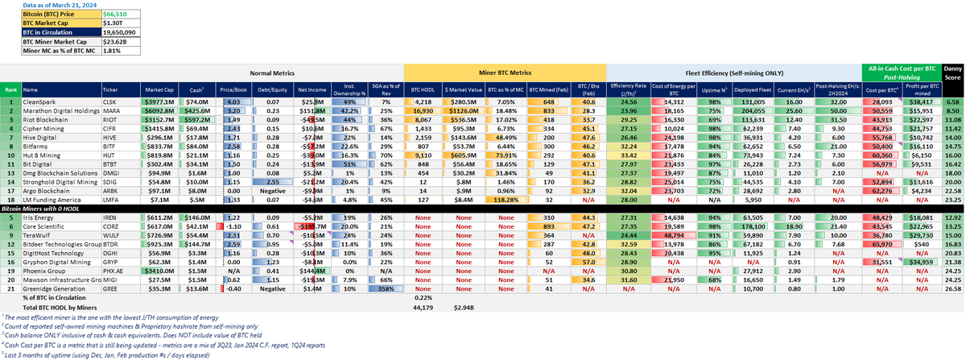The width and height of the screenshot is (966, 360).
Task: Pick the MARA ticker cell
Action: [x=116, y=113]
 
